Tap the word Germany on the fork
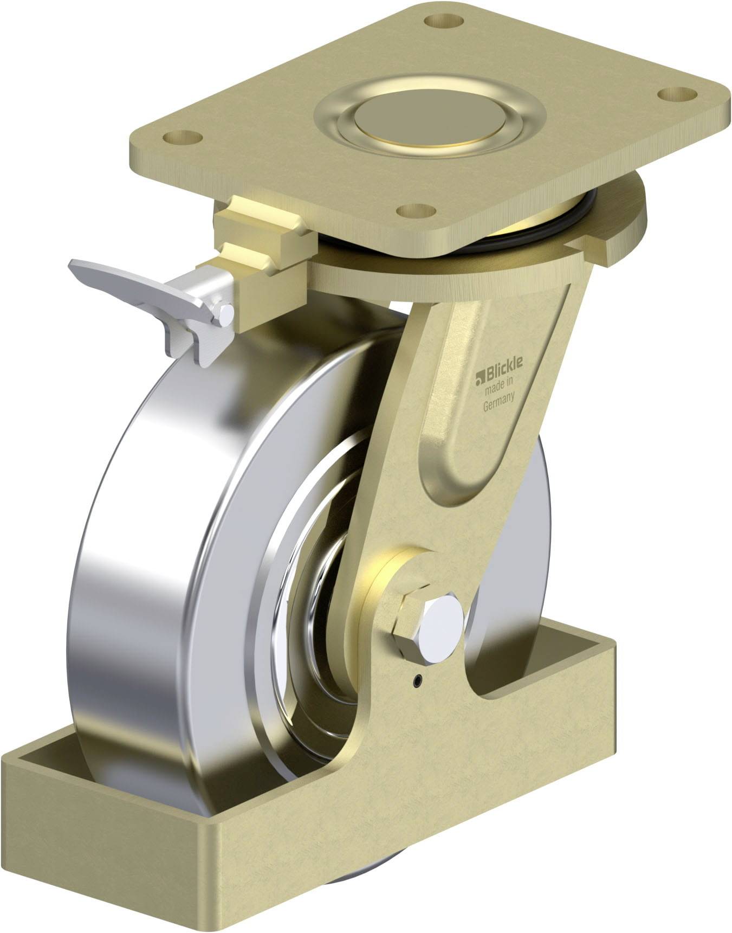point(498,404)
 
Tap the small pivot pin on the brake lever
point(223,314)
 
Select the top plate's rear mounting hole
point(443,22)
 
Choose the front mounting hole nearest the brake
point(417,211)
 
